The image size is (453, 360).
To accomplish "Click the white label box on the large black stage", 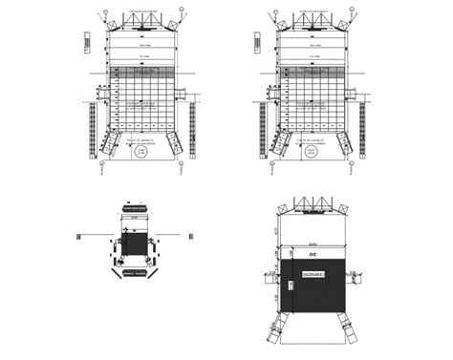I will [313, 274].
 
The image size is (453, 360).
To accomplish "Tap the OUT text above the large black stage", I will [312, 255].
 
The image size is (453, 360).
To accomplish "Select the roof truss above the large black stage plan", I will [313, 205].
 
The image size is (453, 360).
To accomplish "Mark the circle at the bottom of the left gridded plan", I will [140, 152].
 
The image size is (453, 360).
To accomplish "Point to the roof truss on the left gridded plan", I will [140, 21].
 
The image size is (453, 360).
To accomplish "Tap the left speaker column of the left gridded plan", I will [92, 129].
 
